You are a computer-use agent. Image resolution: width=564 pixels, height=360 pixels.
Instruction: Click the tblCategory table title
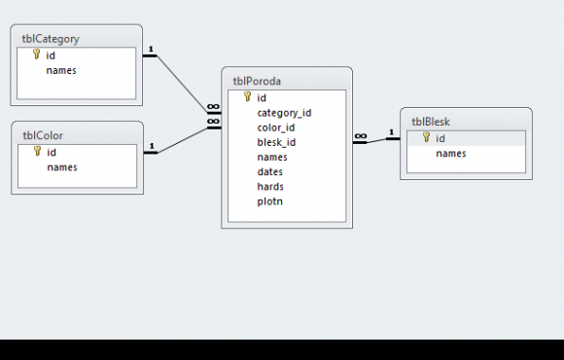coord(51,39)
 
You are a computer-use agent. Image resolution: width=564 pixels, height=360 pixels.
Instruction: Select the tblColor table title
coord(43,135)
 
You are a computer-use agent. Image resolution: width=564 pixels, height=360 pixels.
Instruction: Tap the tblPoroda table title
coord(257,82)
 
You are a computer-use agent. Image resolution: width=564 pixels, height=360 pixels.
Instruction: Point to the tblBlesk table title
coord(431,122)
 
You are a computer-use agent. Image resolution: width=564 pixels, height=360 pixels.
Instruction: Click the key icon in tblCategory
coord(36,54)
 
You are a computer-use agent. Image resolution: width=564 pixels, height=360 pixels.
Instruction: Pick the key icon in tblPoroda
coord(247,97)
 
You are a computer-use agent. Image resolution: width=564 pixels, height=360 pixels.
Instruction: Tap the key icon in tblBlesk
coord(426,137)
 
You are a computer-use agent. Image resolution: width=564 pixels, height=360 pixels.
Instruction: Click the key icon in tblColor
coord(37,151)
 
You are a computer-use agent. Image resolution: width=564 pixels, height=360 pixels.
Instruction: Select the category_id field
coord(284,114)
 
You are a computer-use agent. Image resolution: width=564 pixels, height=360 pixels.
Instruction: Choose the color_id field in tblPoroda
coord(276,127)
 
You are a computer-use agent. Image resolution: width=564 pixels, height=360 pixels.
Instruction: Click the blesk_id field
coord(276,143)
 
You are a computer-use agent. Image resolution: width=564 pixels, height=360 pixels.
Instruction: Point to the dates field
coord(269,172)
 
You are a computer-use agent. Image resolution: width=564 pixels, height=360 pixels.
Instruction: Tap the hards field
coord(270,187)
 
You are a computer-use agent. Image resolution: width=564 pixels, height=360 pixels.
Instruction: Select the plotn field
coord(269,201)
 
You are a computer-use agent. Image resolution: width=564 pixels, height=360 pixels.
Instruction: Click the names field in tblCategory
coord(61,71)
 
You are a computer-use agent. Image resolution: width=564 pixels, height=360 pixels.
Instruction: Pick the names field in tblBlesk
coord(451,154)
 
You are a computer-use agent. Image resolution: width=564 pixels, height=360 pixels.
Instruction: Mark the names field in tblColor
coord(62,167)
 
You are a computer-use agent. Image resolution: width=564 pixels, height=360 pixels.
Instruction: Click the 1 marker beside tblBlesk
coord(391,132)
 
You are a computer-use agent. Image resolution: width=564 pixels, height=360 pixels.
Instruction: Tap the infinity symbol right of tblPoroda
coord(361,136)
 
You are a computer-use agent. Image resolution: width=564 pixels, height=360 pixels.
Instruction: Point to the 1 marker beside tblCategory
coord(151,49)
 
